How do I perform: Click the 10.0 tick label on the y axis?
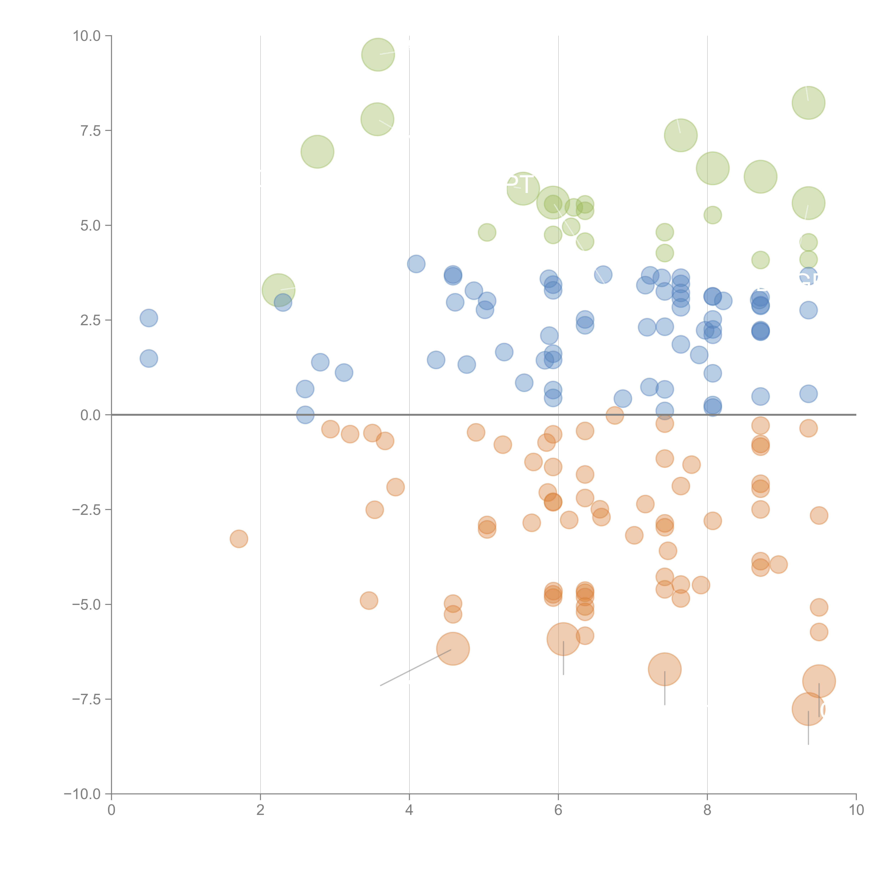[87, 36]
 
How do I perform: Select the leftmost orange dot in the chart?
[239, 539]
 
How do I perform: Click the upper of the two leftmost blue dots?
[149, 318]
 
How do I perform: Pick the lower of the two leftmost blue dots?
[149, 358]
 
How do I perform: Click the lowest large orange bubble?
[808, 709]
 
